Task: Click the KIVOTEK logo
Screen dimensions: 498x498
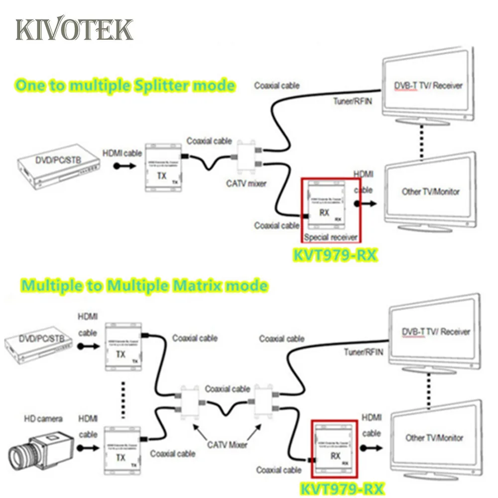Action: (75, 30)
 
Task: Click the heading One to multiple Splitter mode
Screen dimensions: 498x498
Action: (124, 85)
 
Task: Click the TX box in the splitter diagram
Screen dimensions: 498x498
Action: (163, 168)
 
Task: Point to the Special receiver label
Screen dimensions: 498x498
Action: (331, 237)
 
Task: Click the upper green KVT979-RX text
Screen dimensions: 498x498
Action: (333, 255)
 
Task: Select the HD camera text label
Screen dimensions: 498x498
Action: (43, 419)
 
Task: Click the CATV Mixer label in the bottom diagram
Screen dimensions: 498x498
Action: (227, 445)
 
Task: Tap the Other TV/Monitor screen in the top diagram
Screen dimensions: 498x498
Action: (430, 191)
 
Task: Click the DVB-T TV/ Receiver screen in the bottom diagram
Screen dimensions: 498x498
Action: (435, 332)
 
